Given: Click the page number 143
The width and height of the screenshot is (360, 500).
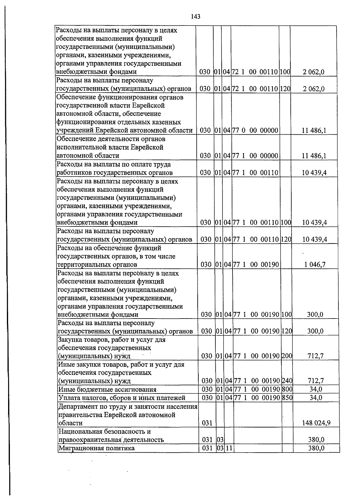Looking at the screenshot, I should (x=196, y=16).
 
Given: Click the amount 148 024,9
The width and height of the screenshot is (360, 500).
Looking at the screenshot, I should (x=316, y=423).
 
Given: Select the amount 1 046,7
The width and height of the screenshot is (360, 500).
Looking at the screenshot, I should (x=315, y=265).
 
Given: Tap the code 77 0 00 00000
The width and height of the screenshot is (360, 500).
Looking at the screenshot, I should (x=255, y=130).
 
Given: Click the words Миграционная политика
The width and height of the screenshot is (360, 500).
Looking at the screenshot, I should (x=97, y=448).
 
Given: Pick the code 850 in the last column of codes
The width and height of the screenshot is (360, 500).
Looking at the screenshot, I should (x=287, y=398).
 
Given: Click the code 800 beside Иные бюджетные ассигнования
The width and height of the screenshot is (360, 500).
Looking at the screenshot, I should (x=287, y=389).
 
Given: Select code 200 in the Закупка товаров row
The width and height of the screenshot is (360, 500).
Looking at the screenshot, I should (x=287, y=356).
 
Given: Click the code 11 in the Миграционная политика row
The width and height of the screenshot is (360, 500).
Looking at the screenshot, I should (x=229, y=448).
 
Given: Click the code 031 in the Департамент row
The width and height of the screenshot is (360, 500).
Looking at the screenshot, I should (x=207, y=423).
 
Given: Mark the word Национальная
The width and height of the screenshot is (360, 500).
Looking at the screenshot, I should (x=81, y=432).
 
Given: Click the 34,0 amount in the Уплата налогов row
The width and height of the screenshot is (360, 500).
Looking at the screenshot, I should (x=316, y=398).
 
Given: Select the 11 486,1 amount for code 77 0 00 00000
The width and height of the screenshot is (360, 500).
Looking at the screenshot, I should (x=314, y=130).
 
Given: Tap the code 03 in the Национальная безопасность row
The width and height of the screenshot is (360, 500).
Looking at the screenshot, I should (x=220, y=440).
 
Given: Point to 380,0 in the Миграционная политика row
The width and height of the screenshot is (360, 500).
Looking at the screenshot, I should (x=316, y=448).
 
